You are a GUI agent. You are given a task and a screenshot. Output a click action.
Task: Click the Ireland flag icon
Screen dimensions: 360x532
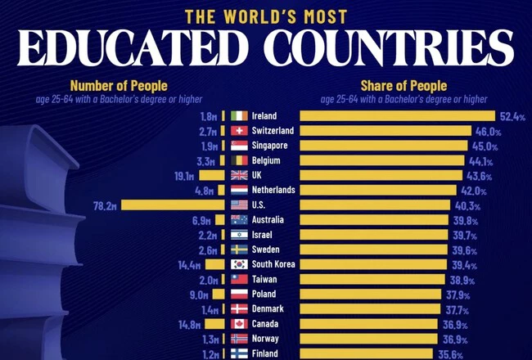[x=239, y=116]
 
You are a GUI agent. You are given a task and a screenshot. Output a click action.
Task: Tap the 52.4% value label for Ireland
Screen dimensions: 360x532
[x=512, y=116]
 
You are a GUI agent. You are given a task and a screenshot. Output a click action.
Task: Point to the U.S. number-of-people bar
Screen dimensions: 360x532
[x=172, y=205]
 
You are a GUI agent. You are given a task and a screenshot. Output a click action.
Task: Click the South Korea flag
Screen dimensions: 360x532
[x=239, y=264]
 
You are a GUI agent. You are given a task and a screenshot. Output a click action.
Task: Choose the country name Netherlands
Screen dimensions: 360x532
[x=276, y=191]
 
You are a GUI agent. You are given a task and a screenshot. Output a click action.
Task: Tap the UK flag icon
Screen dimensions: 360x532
[x=239, y=176]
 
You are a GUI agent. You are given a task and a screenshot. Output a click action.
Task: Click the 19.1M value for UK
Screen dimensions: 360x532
[x=184, y=176]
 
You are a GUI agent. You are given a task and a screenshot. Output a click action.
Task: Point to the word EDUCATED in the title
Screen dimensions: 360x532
[x=144, y=48]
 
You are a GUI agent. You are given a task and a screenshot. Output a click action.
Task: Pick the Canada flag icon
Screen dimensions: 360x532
[x=239, y=324]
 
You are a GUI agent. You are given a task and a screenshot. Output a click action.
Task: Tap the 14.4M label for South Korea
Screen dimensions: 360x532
[x=190, y=264]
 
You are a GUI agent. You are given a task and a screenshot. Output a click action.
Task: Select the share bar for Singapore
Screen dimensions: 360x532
[x=385, y=146]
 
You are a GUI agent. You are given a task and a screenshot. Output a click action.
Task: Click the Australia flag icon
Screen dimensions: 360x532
[x=239, y=220]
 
